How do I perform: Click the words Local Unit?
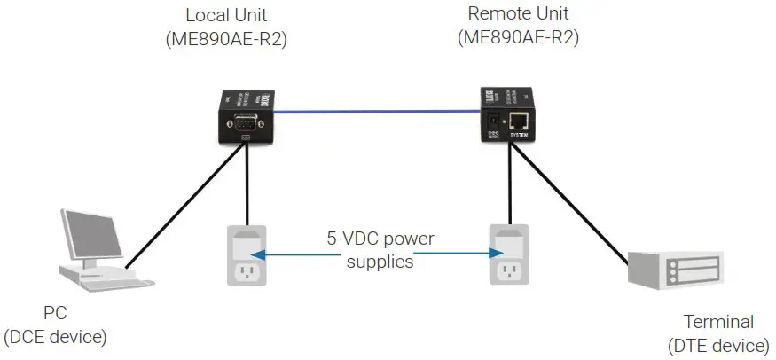pos(225,16)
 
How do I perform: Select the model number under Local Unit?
pos(225,41)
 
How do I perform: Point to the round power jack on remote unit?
pos(490,120)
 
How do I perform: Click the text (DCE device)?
pos(55,336)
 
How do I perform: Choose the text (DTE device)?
pos(718,344)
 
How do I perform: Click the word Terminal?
pos(718,322)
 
